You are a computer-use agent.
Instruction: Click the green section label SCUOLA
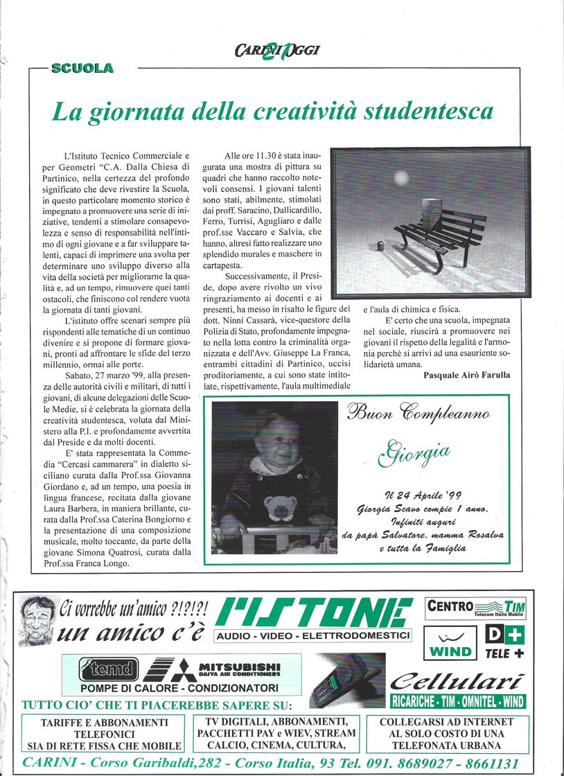point(82,68)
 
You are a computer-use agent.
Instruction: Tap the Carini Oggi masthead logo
point(277,50)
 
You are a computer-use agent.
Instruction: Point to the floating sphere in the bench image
point(401,178)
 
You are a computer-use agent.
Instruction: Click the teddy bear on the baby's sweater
point(281,507)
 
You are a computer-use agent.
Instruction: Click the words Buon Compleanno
point(418,414)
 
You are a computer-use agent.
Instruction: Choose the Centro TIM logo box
point(475,608)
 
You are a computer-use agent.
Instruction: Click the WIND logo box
point(450,642)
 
